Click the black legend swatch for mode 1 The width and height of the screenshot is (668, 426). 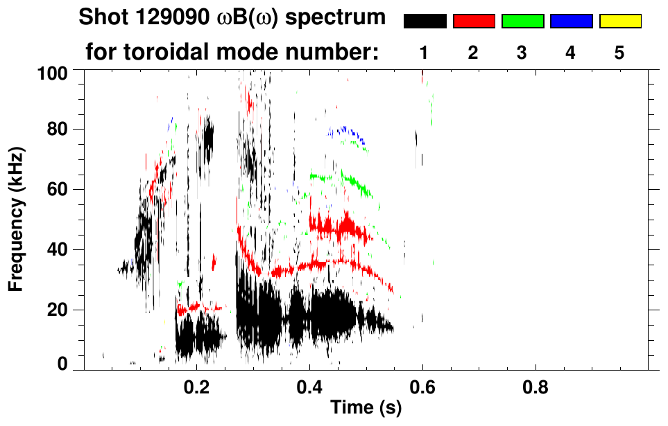[x=425, y=21]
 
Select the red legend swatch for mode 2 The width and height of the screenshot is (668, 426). [x=474, y=21]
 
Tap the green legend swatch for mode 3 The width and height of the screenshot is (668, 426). [x=522, y=21]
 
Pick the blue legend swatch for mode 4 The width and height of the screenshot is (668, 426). [x=571, y=21]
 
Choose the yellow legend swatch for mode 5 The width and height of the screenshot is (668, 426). [x=619, y=21]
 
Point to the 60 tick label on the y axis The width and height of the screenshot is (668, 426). [x=60, y=189]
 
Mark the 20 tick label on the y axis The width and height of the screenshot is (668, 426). [x=60, y=310]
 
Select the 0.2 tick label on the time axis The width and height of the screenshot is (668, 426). [x=196, y=385]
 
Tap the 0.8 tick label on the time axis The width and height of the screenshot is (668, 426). [x=535, y=385]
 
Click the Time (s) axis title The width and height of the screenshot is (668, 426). [x=365, y=409]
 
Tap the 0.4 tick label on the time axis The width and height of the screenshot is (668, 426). [x=309, y=385]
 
